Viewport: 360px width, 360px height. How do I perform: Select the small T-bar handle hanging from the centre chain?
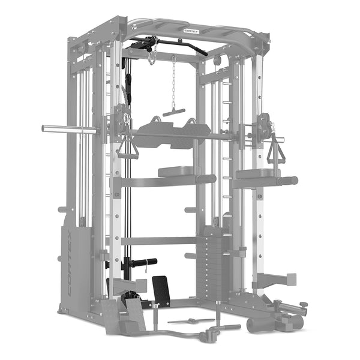(x=174, y=112)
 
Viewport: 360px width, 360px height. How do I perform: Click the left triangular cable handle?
(x=127, y=147)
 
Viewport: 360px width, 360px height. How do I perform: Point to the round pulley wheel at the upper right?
(x=217, y=61)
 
